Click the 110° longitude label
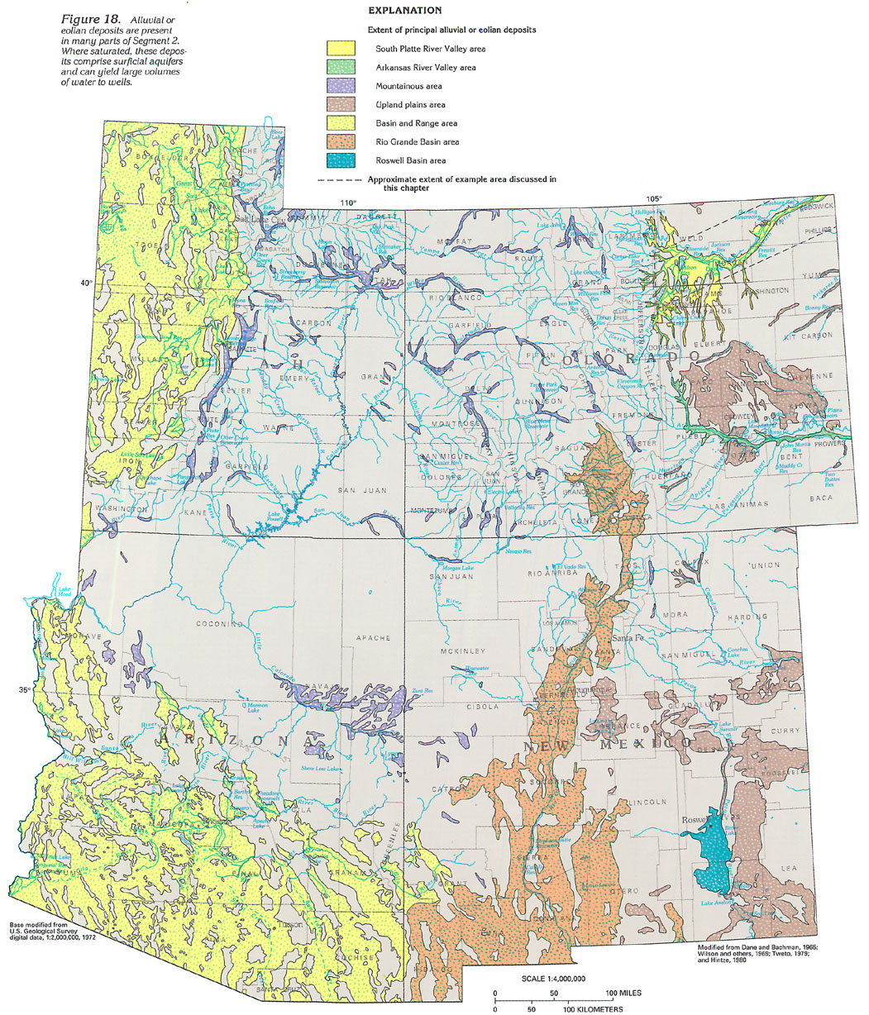(x=348, y=203)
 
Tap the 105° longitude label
(x=655, y=198)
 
